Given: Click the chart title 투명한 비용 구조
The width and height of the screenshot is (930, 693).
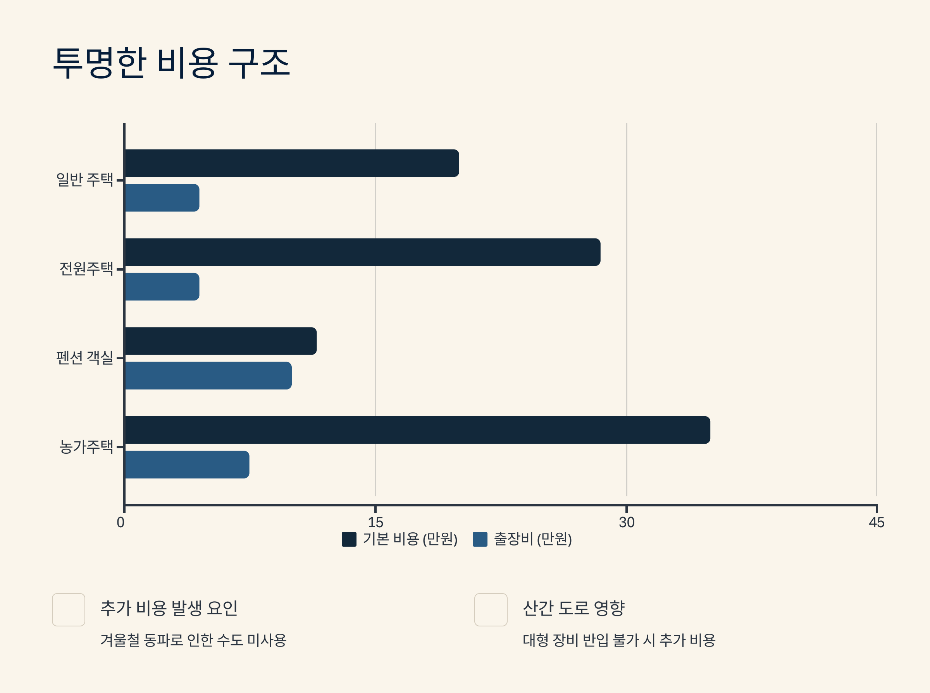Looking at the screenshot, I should click(x=171, y=63).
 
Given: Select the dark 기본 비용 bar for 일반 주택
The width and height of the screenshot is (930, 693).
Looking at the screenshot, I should click(x=292, y=163).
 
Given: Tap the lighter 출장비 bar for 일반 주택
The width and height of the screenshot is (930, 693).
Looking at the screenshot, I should click(x=162, y=197).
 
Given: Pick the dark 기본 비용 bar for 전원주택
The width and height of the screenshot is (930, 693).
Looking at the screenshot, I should click(x=362, y=252).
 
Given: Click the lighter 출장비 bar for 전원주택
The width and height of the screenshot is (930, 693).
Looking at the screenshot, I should click(x=162, y=286).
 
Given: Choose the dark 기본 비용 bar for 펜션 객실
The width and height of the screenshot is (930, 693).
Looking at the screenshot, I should click(x=221, y=341).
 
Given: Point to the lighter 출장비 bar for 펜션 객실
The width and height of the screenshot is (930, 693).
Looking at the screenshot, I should click(x=208, y=376).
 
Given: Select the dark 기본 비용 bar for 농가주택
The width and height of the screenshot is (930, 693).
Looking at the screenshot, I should click(x=417, y=430).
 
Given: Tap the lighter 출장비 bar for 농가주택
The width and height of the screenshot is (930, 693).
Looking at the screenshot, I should click(x=187, y=464).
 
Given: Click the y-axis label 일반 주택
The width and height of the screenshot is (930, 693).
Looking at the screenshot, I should click(x=85, y=180).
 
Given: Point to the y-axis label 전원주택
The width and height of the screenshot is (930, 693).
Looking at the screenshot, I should click(x=86, y=268).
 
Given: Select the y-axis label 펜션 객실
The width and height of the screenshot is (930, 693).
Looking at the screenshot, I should click(x=85, y=358).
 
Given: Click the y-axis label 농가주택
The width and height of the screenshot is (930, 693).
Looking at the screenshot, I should click(x=86, y=447).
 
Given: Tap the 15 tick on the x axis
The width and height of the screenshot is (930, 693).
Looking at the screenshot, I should click(x=375, y=522).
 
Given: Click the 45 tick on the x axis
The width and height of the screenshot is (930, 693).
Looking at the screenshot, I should click(x=876, y=522).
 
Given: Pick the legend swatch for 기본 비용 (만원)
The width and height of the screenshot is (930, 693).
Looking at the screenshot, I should click(x=349, y=539).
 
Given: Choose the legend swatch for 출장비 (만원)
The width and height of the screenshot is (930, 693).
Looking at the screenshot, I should click(x=480, y=539).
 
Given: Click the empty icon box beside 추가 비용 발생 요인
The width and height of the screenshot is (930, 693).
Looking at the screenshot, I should click(x=69, y=609).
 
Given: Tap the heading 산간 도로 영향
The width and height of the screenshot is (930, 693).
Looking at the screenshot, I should click(x=573, y=608).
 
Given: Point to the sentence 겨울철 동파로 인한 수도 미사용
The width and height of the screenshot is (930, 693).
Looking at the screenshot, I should click(x=193, y=640).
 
